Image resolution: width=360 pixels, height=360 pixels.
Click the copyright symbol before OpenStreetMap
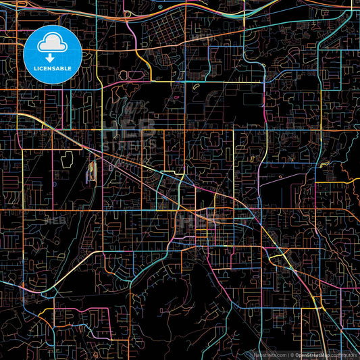click(x=292, y=355)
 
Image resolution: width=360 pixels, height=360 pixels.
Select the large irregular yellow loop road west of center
click(x=68, y=159)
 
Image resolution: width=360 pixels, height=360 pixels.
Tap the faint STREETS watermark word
click(x=130, y=145)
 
